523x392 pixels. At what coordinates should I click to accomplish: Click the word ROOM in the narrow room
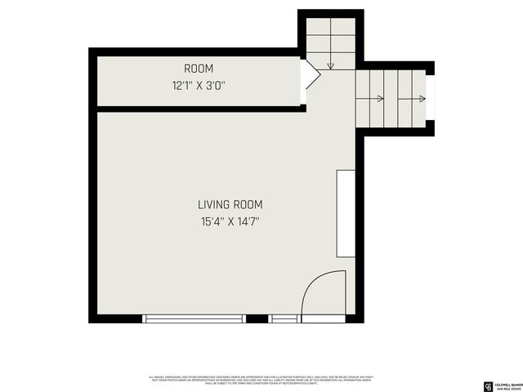click(x=199, y=69)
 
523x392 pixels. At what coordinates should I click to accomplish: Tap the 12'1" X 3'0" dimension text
click(x=199, y=84)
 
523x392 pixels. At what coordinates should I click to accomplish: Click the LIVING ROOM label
click(x=230, y=205)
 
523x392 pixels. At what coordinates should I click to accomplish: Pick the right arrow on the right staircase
click(x=421, y=100)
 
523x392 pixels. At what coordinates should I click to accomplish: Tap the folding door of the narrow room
click(x=311, y=75)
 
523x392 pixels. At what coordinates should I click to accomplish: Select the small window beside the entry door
click(x=284, y=318)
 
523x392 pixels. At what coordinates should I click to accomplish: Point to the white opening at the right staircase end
click(x=430, y=99)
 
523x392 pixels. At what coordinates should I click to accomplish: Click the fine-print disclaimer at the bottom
click(x=261, y=380)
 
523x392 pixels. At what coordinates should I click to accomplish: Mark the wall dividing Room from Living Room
click(x=200, y=109)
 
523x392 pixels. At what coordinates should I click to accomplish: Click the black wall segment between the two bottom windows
click(x=257, y=318)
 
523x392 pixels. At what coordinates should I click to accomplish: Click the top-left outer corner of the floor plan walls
click(x=92, y=51)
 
